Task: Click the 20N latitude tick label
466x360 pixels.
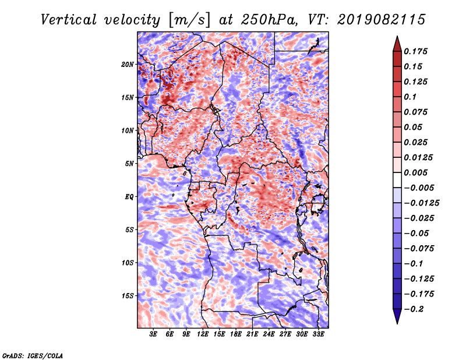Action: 128,65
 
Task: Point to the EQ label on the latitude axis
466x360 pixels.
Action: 129,197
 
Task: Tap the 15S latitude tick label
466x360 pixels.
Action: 128,296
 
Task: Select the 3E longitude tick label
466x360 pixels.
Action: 153,334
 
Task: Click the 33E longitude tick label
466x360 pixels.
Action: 318,334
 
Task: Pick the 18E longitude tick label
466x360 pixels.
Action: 236,334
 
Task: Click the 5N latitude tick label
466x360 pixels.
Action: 129,164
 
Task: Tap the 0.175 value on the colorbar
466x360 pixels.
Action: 415,51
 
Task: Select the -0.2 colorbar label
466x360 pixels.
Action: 414,309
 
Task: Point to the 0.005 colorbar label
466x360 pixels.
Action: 415,172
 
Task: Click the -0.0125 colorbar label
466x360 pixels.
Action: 421,203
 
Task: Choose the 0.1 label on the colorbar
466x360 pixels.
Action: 410,97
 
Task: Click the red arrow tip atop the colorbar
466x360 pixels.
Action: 397,36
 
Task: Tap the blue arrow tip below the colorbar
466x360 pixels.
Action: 397,323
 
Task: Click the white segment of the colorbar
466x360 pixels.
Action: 397,180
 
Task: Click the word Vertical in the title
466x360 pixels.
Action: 69,20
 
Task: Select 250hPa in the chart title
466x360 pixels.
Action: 269,20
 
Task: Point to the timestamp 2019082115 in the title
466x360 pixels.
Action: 382,20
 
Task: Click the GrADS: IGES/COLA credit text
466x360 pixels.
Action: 33,355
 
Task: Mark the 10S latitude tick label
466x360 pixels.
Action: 128,263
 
